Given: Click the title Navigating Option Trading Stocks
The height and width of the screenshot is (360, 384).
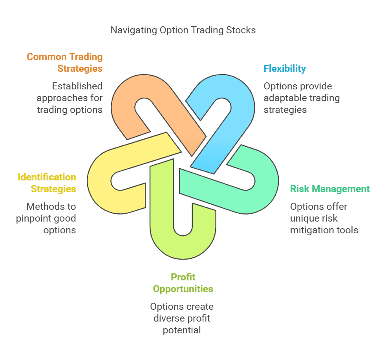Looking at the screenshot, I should coord(183,30).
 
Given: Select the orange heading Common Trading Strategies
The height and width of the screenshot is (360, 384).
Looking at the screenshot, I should coord(64,62).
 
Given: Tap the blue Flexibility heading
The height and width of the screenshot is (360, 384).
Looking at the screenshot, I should coord(285,68).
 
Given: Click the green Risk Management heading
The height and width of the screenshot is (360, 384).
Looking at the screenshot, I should coord(330,189).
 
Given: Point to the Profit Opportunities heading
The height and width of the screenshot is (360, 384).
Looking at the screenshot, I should coord(183,283).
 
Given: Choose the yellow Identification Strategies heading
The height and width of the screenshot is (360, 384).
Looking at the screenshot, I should coord(47,183).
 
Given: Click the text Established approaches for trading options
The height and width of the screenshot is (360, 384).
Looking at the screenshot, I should coord(69,98).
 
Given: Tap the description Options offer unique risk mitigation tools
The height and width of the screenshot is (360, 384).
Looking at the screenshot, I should coord(324,218).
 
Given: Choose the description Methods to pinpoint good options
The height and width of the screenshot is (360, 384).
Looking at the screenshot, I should coord(46,218).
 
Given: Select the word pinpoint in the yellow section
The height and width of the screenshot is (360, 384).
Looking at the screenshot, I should coord(35,218).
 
